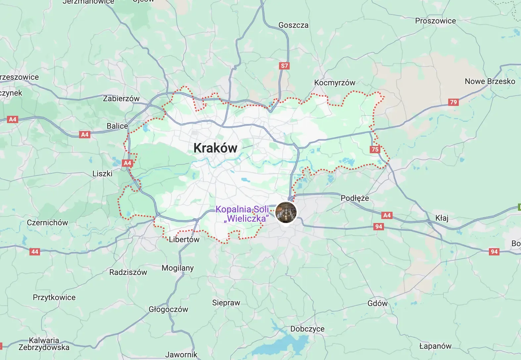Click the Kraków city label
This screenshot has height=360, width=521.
coord(215,148)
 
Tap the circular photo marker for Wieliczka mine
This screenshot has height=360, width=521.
coord(286,212)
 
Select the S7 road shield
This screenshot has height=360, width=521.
coord(284,66)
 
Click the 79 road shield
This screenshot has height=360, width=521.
coord(453,102)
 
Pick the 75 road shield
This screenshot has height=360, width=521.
coord(375,149)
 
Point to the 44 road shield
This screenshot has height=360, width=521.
coord(35,251)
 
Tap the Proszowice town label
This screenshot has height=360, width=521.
coord(435,21)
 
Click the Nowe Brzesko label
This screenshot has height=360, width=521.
coord(490,81)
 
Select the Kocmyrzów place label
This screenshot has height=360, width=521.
coord(335,83)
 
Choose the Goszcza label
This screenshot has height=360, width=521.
coord(293,25)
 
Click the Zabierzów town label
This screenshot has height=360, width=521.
coord(121,99)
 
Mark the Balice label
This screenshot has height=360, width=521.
coord(117,126)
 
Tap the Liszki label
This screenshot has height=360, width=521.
coord(102,174)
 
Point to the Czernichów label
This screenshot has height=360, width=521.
coord(47,223)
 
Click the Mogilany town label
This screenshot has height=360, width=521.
coord(177,268)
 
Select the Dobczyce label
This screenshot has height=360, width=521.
coord(307,329)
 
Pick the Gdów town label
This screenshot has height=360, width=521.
coord(377,303)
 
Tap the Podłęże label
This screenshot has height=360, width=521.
coord(355,198)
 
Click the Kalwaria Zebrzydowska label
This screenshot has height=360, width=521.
coord(44,344)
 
